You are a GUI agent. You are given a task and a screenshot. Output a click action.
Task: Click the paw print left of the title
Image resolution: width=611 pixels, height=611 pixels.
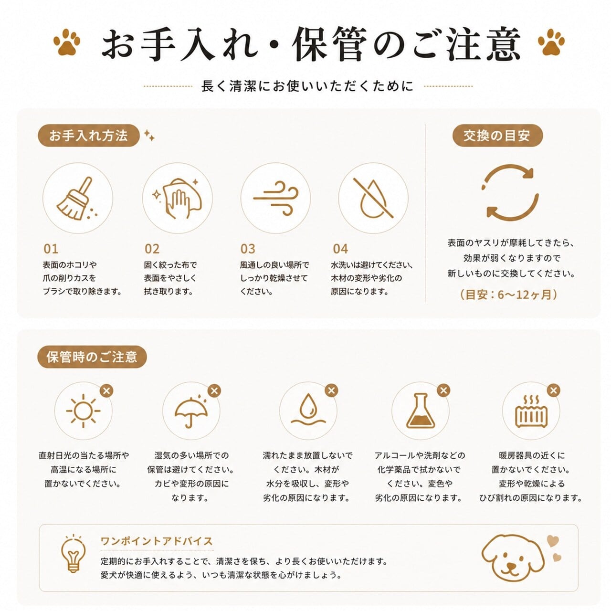pyautogui.click(x=67, y=42)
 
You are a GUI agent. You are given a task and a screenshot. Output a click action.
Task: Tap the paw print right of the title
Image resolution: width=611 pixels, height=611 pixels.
pyautogui.click(x=551, y=42)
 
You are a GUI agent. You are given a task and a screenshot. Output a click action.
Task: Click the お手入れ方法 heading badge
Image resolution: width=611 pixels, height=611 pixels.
pyautogui.click(x=88, y=136)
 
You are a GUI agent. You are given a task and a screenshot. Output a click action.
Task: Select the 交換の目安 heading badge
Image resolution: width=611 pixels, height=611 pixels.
pyautogui.click(x=497, y=136)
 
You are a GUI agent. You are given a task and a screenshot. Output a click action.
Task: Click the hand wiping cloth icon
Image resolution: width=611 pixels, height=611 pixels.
pyautogui.click(x=177, y=199)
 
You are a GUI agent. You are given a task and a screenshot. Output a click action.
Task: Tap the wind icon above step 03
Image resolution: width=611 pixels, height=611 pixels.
pyautogui.click(x=275, y=199)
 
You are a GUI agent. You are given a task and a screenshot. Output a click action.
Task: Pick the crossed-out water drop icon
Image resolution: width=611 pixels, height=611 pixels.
pyautogui.click(x=373, y=199)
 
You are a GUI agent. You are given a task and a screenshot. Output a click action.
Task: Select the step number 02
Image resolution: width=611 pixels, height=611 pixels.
pyautogui.click(x=152, y=249)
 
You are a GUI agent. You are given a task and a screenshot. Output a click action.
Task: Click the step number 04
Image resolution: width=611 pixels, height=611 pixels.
pyautogui.click(x=340, y=249)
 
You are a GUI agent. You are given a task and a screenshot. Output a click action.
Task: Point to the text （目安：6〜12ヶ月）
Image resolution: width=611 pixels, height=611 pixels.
pyautogui.click(x=508, y=295)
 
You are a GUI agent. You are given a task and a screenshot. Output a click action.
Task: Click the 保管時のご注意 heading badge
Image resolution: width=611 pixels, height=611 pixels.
pyautogui.click(x=92, y=357)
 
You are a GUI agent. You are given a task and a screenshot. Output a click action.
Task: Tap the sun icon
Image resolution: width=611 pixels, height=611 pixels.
pyautogui.click(x=83, y=411)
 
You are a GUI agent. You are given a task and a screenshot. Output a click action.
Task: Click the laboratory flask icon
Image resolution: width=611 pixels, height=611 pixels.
pyautogui.click(x=420, y=411)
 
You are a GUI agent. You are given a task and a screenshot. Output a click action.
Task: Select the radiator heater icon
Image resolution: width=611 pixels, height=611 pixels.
pyautogui.click(x=531, y=411)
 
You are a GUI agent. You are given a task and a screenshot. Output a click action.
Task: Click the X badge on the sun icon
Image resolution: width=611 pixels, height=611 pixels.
pyautogui.click(x=106, y=390)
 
